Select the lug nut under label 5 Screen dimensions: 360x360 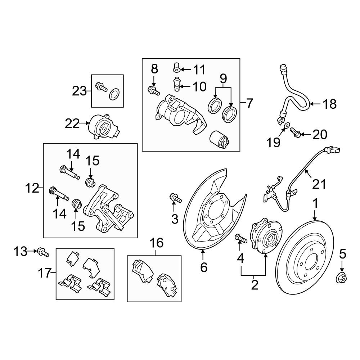point(342,277)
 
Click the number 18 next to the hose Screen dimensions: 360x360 point(329,104)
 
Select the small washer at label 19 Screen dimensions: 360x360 point(287,126)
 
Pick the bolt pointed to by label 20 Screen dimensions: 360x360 point(295,134)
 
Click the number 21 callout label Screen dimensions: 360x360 point(318,184)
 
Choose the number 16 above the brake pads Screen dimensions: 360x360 point(156,243)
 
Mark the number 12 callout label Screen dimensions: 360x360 point(32,188)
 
